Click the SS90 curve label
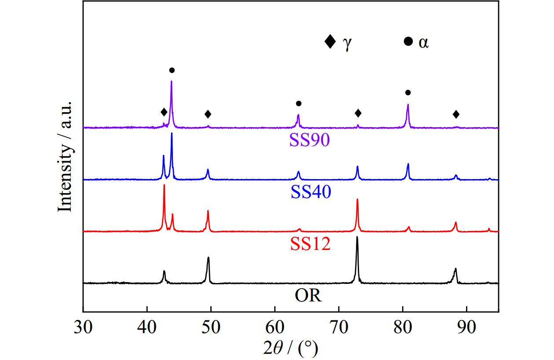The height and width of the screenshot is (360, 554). coord(309,140)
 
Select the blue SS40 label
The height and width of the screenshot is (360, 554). coord(310,192)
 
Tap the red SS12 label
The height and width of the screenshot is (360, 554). coord(310,243)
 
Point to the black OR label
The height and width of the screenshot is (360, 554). coord(308,295)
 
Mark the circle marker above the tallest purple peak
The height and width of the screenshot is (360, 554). coord(172,70)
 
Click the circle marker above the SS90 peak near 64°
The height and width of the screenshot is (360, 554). coord(298,103)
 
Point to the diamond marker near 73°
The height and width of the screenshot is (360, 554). coord(358,114)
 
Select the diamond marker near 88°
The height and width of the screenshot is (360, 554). coord(456,114)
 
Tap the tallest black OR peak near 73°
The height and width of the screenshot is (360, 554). coord(357,238)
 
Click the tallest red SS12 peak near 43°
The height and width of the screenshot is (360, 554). coord(164,186)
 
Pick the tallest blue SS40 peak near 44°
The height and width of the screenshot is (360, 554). coord(172,134)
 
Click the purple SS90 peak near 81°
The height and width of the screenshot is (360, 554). coord(408,105)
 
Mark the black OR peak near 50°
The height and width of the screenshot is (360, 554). coord(208,258)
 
